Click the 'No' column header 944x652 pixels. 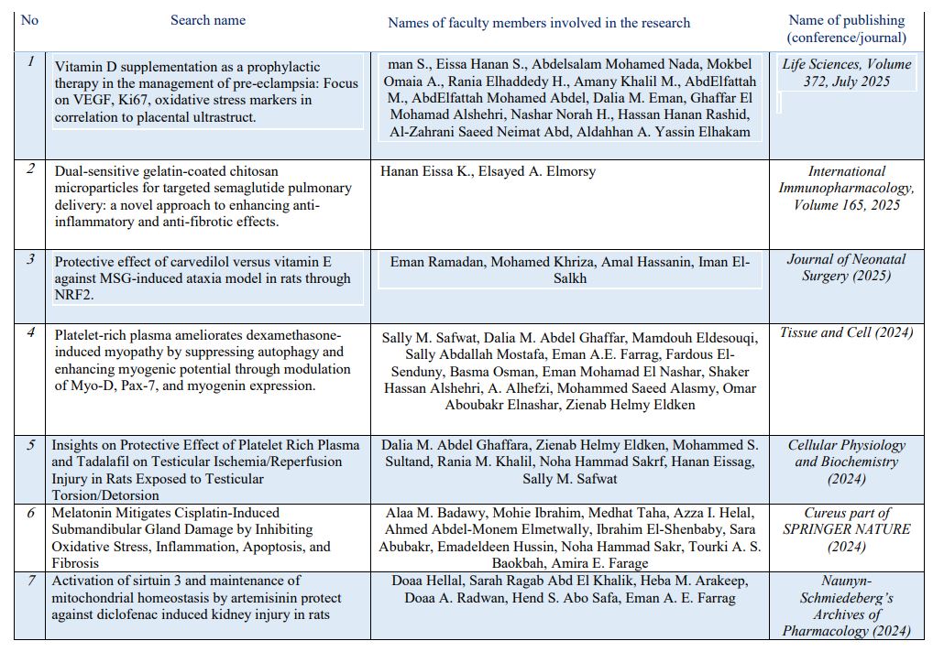[29, 20]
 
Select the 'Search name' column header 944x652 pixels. [208, 20]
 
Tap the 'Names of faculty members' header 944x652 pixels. [539, 22]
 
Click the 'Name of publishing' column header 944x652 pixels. [846, 28]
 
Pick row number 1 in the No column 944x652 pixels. [31, 61]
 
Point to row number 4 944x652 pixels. [31, 332]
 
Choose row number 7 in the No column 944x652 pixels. [31, 581]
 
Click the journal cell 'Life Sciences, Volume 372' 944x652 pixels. [847, 72]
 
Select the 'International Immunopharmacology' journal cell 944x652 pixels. [846, 188]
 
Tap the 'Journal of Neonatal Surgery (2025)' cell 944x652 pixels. [846, 266]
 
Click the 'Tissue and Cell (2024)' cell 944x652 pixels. [846, 332]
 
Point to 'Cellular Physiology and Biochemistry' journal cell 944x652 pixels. [846, 462]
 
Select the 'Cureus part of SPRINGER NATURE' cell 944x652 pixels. [846, 529]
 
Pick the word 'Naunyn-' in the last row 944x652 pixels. [846, 581]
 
